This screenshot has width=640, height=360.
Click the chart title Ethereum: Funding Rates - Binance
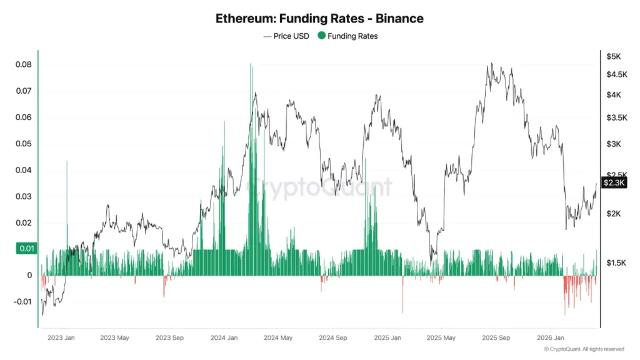(x=319, y=18)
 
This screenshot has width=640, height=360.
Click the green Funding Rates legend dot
(x=322, y=36)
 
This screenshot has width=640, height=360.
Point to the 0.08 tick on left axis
(x=24, y=65)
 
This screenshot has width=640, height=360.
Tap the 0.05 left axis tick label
(x=24, y=144)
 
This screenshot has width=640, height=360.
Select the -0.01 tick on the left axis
(x=22, y=302)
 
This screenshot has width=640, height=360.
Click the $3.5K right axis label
(x=616, y=117)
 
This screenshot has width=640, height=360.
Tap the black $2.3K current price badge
(x=613, y=182)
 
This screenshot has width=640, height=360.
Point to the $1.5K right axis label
(x=616, y=263)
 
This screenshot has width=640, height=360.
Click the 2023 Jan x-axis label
(x=61, y=338)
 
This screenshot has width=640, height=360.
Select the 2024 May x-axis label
(x=278, y=338)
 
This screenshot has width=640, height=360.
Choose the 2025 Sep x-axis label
(x=496, y=338)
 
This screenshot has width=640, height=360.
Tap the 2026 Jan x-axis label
(x=551, y=338)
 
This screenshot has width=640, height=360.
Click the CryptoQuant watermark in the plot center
(x=319, y=186)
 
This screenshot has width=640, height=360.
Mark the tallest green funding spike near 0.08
(x=251, y=65)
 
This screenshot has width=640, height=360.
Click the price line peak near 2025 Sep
(x=492, y=64)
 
